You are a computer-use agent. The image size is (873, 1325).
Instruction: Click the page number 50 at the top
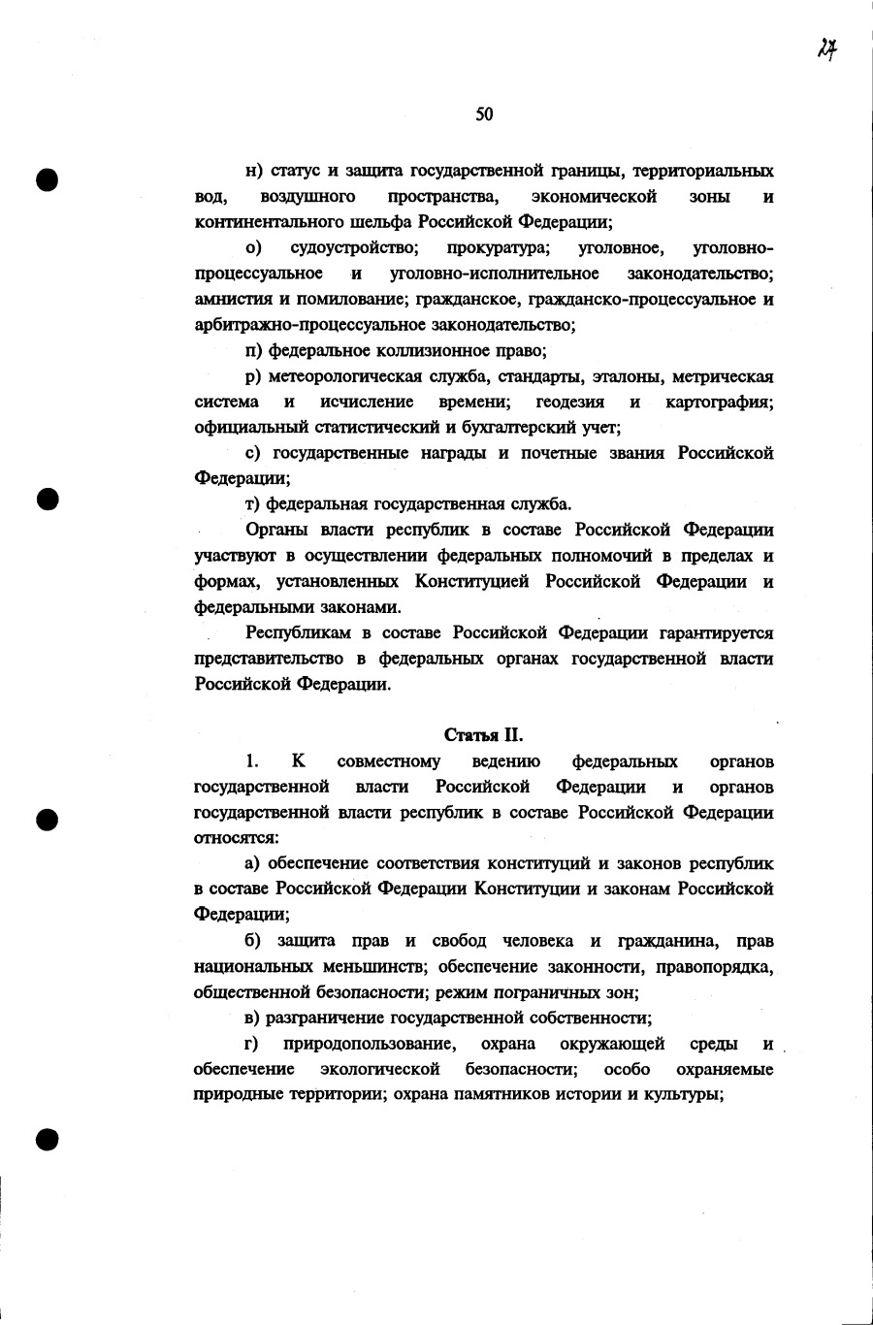(x=484, y=114)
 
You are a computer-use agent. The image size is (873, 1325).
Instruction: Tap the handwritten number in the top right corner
(x=826, y=48)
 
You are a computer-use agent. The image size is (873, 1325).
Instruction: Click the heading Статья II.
(x=484, y=735)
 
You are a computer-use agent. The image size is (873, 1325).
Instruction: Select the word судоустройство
(x=354, y=248)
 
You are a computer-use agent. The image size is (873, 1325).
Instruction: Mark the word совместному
(x=388, y=761)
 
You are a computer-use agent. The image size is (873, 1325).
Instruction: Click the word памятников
(x=504, y=1095)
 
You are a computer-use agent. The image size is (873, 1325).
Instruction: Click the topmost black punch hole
(x=48, y=180)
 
